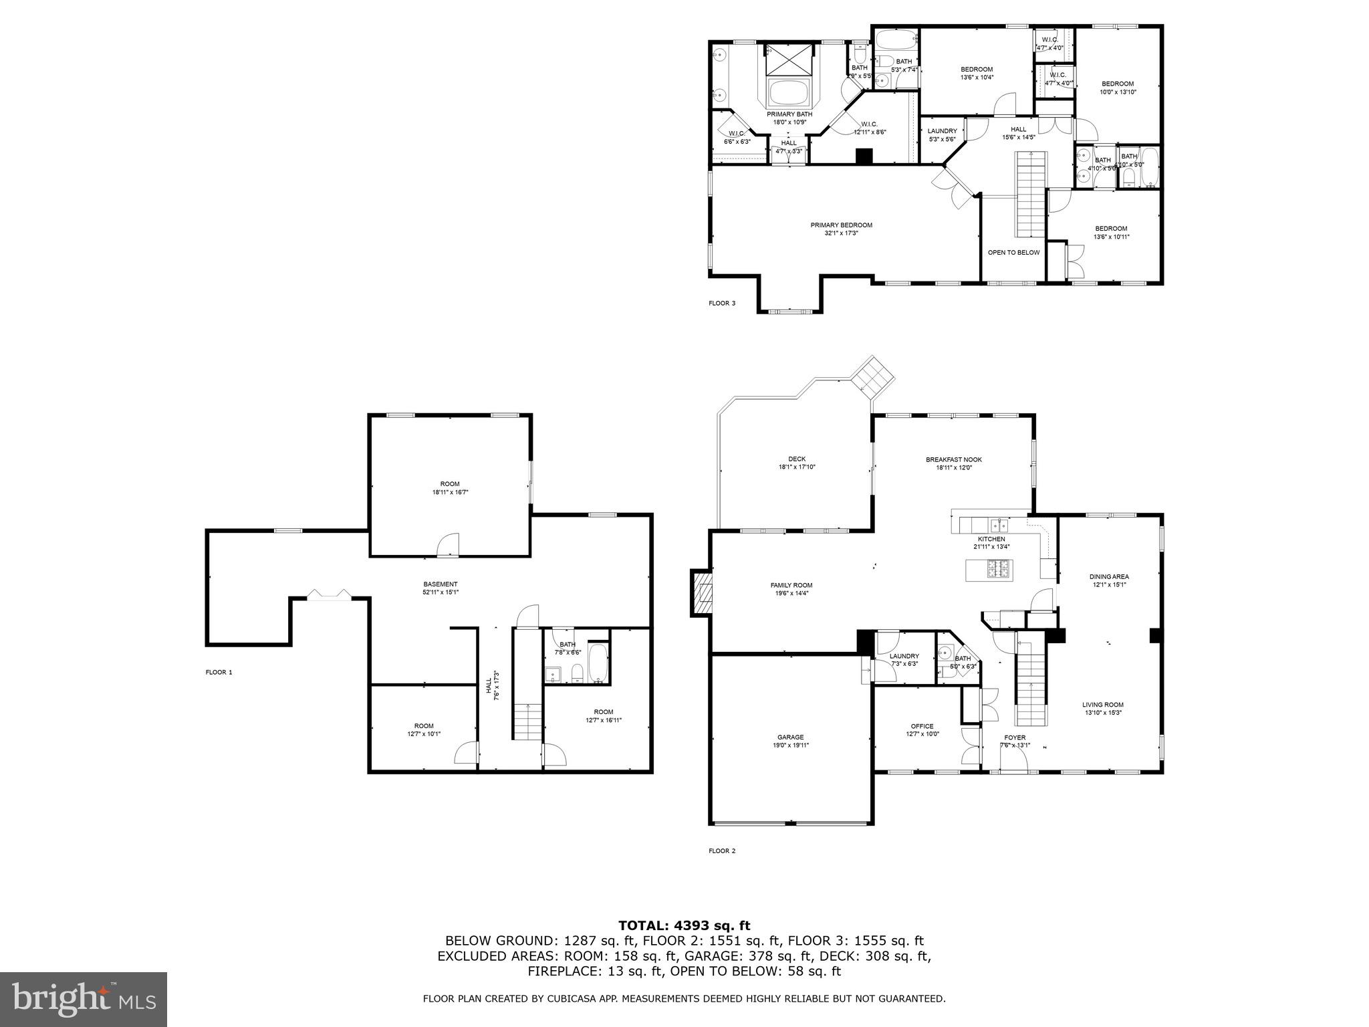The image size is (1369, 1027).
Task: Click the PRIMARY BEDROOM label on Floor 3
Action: pyautogui.click(x=841, y=225)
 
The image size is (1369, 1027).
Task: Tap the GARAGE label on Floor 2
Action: pyautogui.click(x=790, y=737)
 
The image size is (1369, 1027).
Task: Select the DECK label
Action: pyautogui.click(x=796, y=459)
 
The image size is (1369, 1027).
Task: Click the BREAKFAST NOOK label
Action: pyautogui.click(x=953, y=459)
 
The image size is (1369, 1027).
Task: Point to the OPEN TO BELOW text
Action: pyautogui.click(x=1013, y=253)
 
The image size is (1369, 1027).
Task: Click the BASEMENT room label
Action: pyautogui.click(x=440, y=584)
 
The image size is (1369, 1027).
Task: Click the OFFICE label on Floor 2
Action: pyautogui.click(x=922, y=726)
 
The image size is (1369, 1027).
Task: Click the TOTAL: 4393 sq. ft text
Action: pyautogui.click(x=684, y=925)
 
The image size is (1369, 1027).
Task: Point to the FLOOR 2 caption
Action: pyautogui.click(x=722, y=851)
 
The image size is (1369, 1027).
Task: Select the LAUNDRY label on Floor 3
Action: pyautogui.click(x=942, y=131)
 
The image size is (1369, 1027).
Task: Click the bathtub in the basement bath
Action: pyautogui.click(x=598, y=663)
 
